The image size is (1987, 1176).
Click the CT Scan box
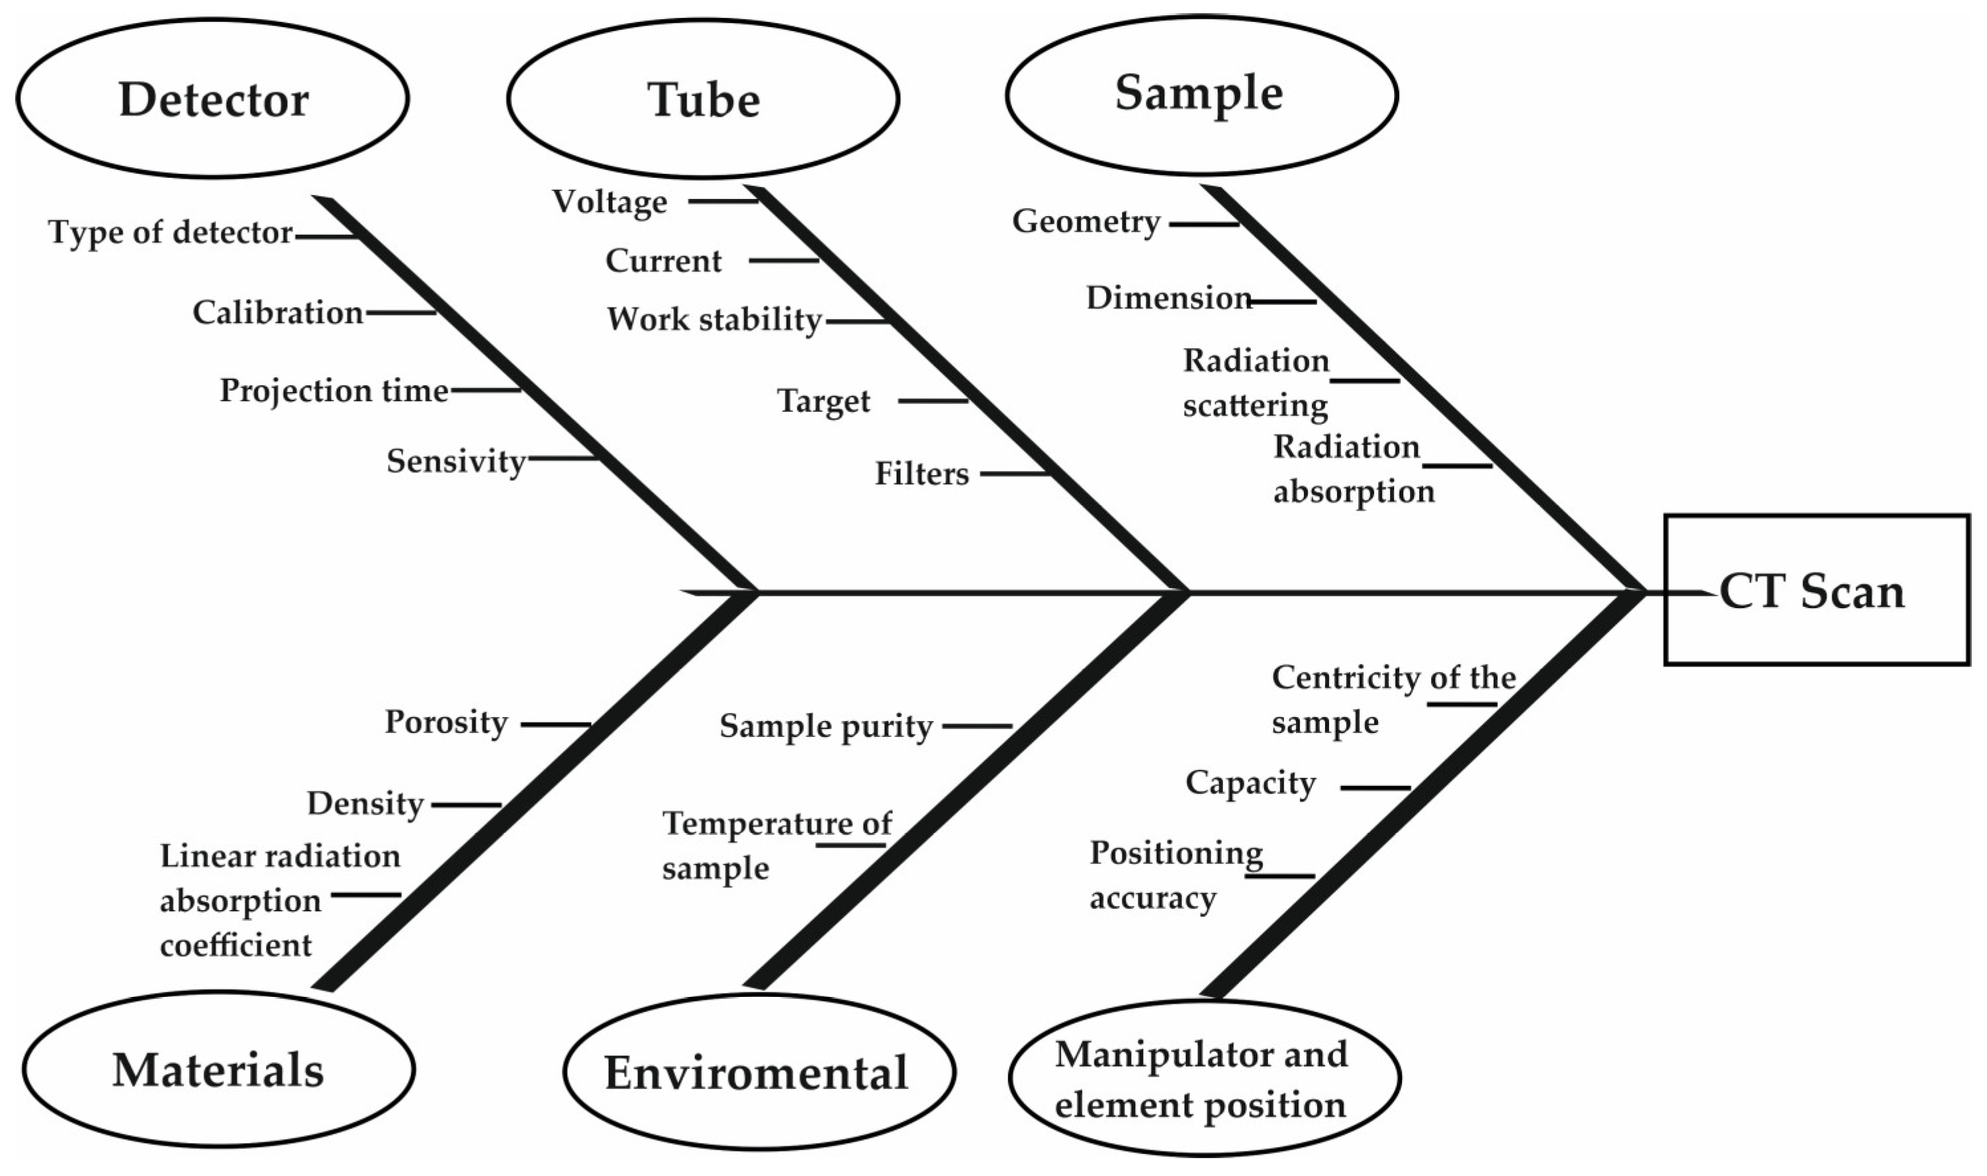pos(1817,590)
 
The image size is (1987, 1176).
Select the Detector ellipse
pos(212,98)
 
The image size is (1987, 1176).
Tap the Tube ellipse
pos(703,99)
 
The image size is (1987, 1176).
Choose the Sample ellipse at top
pos(1201,94)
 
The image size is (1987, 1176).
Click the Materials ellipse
pos(218,1069)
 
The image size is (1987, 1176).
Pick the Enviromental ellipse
pos(758,1072)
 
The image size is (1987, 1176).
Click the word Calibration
pos(277,312)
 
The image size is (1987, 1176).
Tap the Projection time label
pos(334,390)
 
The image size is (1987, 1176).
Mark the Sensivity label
pos(456,460)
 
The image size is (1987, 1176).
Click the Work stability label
pos(714,319)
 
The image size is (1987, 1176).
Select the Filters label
pos(921,473)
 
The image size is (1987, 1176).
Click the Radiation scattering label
pos(1255,382)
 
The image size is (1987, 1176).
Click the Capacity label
pos(1250,783)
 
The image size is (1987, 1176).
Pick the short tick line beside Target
pos(932,401)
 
